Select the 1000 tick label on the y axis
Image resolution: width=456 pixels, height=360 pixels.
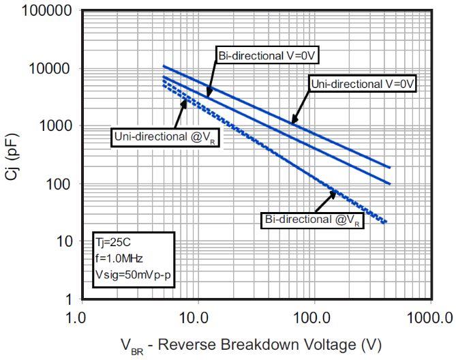(50, 126)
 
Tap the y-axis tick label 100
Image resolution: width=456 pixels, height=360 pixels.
(54, 184)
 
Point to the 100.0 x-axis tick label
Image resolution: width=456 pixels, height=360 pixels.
(314, 316)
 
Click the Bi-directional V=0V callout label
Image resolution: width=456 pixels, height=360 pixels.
(267, 55)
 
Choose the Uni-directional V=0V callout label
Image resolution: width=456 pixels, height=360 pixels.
(363, 83)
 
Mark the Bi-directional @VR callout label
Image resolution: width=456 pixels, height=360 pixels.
(312, 220)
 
